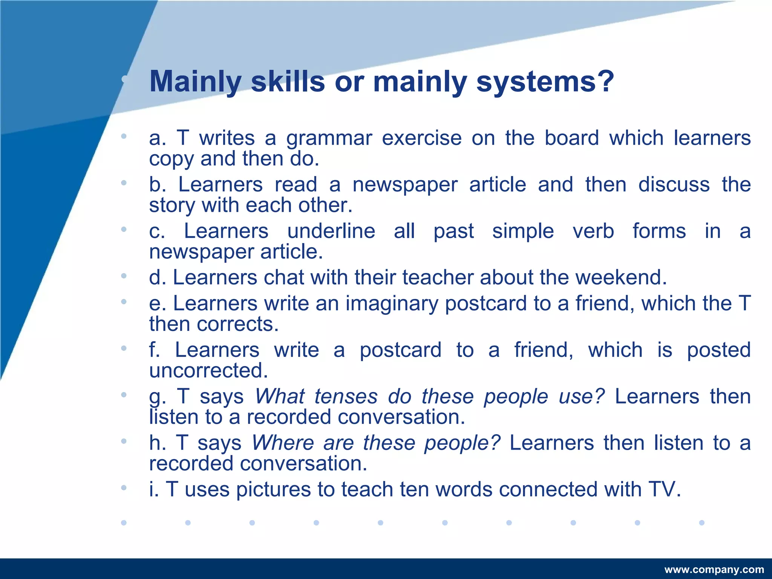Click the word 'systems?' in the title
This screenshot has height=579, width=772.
(x=545, y=82)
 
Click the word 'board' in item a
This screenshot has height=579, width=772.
(x=571, y=138)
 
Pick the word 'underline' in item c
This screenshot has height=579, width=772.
(x=331, y=231)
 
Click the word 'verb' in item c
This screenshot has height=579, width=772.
(x=593, y=231)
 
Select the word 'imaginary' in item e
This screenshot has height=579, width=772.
(x=392, y=304)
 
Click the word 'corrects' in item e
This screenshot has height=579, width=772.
(x=235, y=324)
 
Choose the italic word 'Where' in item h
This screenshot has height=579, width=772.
(x=283, y=443)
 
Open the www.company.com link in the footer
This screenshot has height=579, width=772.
(x=714, y=570)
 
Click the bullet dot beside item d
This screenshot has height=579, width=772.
(x=124, y=276)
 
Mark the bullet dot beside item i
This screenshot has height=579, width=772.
(x=124, y=488)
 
